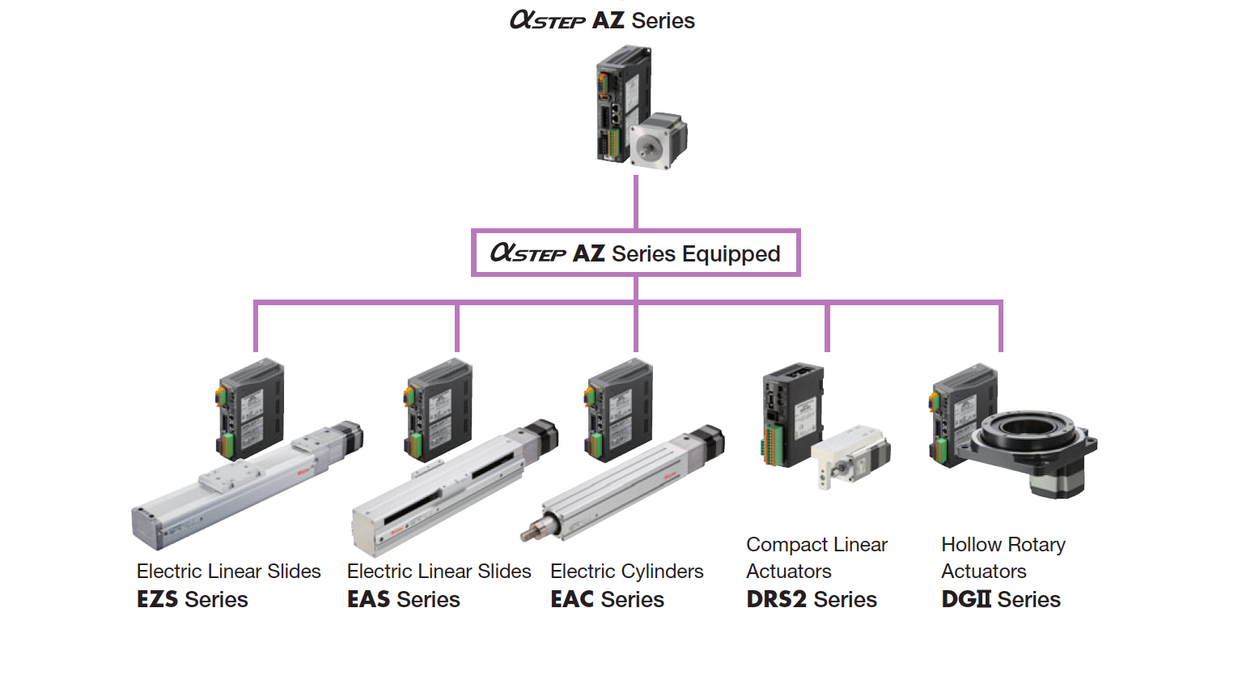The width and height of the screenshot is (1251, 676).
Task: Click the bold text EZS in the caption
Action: tap(159, 600)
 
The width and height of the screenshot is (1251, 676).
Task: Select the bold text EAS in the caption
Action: tap(369, 600)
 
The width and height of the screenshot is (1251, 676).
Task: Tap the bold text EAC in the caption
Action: tap(573, 600)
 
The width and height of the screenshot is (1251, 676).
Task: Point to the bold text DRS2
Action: tap(778, 600)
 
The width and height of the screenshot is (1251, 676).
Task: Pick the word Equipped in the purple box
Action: tap(731, 254)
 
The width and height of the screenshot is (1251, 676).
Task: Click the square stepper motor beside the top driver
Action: tap(659, 142)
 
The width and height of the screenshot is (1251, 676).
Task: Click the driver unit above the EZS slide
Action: tap(250, 409)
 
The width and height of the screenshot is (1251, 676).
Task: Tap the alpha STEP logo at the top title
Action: tap(547, 20)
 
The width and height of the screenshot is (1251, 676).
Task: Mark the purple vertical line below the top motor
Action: tap(636, 202)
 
